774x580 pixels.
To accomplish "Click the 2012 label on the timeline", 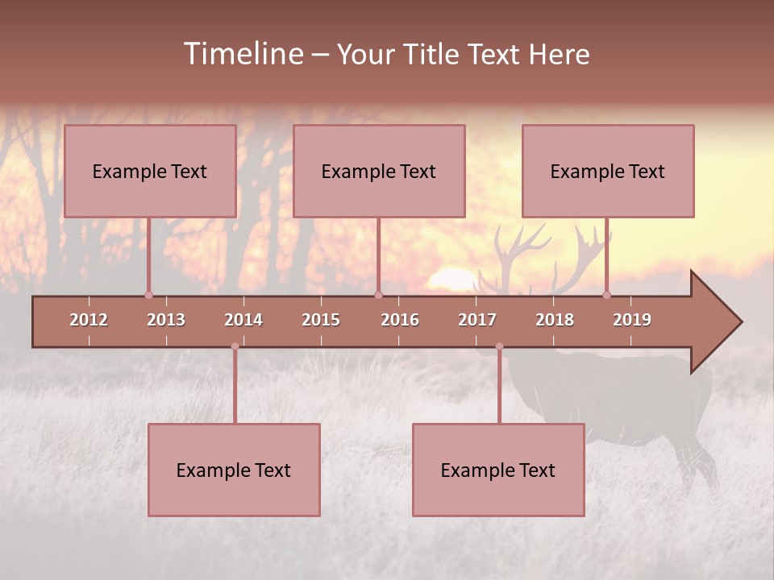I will (x=89, y=320).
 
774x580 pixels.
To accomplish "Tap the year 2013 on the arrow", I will (x=166, y=320).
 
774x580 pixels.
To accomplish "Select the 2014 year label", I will (x=243, y=320).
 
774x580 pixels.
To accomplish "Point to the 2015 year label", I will (x=321, y=320).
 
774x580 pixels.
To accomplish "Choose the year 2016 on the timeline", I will (x=400, y=320).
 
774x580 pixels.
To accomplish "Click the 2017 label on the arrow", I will (x=477, y=320).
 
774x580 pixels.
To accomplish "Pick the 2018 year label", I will (x=555, y=320).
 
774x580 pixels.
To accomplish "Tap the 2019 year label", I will (x=632, y=320).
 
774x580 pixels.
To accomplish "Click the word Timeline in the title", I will (x=243, y=54).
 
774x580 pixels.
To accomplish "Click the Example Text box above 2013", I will (x=150, y=171).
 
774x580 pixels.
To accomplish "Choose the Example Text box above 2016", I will (x=379, y=171).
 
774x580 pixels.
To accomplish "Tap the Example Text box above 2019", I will (x=608, y=171).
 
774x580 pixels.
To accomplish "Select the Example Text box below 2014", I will (x=234, y=470).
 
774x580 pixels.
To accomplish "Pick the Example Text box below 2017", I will (x=498, y=470).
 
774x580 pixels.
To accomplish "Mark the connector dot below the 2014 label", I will (x=235, y=346).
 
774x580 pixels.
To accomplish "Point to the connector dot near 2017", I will (x=499, y=346).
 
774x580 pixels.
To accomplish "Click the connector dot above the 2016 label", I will (x=378, y=295).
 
